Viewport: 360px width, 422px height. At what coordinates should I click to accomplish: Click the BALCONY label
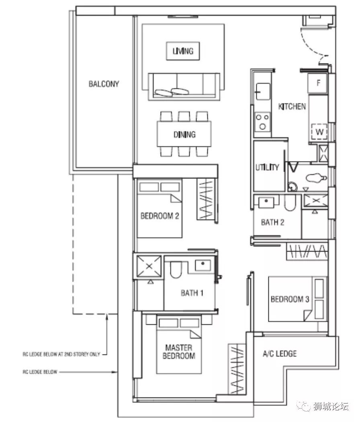tap(104, 84)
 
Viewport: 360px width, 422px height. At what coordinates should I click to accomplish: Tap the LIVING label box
tap(183, 51)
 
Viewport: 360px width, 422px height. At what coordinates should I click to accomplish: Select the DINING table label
tap(184, 134)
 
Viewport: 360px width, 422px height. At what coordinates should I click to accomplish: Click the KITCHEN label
tap(292, 107)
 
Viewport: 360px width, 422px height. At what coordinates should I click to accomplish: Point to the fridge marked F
tap(318, 83)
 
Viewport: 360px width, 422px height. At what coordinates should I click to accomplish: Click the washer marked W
tap(319, 132)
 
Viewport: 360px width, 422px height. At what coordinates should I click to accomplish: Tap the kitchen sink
tap(263, 92)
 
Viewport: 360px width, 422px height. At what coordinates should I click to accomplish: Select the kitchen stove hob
tap(263, 122)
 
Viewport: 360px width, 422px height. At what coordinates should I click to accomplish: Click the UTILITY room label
tap(267, 168)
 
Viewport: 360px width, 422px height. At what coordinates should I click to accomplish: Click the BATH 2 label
tap(272, 222)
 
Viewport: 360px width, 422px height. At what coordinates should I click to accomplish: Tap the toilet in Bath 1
tap(176, 269)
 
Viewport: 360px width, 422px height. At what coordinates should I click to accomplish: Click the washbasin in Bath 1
tap(203, 265)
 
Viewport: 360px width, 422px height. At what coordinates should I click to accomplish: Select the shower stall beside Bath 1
tap(149, 266)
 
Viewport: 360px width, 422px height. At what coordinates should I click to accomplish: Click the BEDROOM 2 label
tap(160, 216)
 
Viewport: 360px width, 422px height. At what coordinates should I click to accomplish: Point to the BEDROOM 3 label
tap(290, 299)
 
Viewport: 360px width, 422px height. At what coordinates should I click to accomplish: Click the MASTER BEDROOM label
tap(179, 352)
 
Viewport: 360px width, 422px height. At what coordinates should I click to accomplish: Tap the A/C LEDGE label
tap(280, 353)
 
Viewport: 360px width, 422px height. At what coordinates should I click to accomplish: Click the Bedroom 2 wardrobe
tap(207, 199)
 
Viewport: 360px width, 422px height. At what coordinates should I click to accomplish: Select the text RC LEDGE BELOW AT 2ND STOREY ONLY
tap(61, 354)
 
